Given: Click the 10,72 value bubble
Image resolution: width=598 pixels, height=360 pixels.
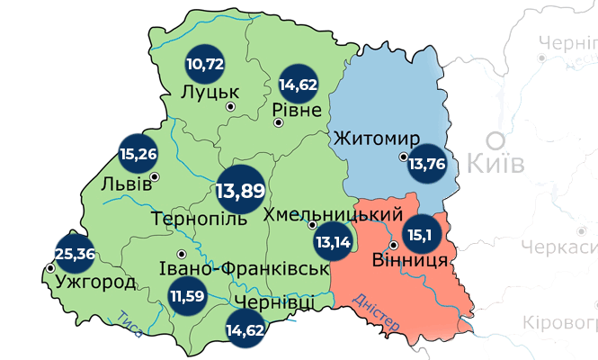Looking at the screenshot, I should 204,64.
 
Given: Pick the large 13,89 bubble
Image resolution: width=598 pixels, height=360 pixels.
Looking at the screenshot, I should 240,190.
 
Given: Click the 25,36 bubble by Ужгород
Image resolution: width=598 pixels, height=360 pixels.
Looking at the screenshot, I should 75,253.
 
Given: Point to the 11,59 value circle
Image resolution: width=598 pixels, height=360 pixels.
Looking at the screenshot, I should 187,294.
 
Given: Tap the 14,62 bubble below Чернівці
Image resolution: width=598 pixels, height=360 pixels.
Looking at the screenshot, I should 245,330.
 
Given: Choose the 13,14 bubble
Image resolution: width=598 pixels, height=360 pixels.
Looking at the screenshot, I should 332,241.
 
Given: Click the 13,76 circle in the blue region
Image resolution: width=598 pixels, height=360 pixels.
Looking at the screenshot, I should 427,164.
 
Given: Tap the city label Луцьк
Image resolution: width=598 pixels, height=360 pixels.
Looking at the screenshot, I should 209,92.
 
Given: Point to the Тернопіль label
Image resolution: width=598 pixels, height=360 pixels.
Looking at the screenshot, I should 200,219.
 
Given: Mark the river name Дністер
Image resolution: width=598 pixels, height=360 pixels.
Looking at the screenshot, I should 376,311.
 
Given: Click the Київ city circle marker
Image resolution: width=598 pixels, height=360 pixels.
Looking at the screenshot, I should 495,139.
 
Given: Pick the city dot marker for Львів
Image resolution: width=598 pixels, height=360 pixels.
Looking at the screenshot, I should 155,176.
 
